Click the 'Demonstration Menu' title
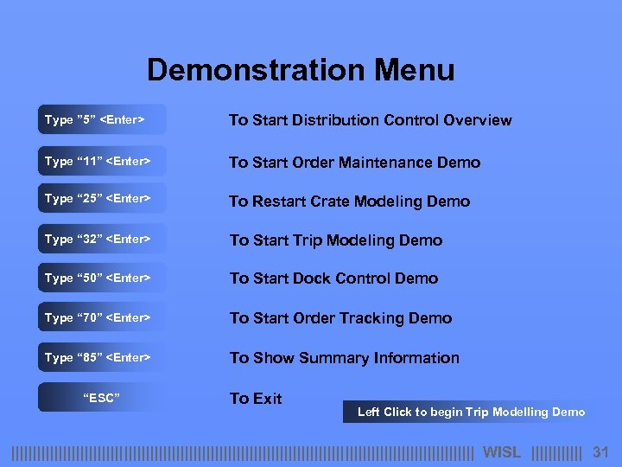[301, 70]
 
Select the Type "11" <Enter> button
[101, 162]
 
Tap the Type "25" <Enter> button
[101, 199]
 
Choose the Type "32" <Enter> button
[101, 239]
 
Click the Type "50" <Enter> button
[101, 278]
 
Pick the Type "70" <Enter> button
[101, 317]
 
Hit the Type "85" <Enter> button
[101, 357]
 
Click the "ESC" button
[101, 398]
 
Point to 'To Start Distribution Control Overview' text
[370, 120]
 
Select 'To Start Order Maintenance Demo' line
[354, 163]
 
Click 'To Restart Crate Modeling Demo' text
[349, 202]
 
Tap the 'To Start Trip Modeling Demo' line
[335, 240]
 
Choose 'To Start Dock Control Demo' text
[333, 278]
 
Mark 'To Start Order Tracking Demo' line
[340, 318]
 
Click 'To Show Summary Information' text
[344, 358]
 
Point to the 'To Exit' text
[256, 399]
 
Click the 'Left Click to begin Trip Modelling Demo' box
[471, 412]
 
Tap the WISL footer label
[501, 452]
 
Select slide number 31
[601, 452]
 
